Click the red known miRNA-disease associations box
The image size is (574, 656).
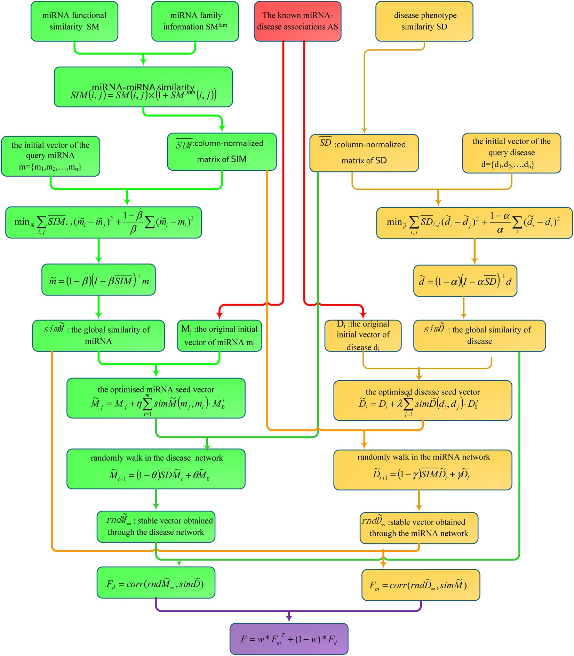(x=297, y=21)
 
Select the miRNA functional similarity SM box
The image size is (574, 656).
(x=74, y=21)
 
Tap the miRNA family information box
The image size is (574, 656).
(x=195, y=21)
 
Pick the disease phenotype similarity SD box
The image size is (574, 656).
(x=424, y=21)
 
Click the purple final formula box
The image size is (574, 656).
(x=289, y=639)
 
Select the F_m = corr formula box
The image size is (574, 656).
(x=421, y=585)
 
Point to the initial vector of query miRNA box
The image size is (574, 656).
(x=50, y=156)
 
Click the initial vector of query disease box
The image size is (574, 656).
(x=511, y=153)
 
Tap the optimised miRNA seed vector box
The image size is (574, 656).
(x=156, y=398)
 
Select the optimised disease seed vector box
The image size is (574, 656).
(x=423, y=400)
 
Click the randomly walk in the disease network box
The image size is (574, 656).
(x=156, y=469)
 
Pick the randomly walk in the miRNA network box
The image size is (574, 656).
(x=423, y=470)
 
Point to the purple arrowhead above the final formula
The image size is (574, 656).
(x=289, y=617)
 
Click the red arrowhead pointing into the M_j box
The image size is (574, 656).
(x=220, y=315)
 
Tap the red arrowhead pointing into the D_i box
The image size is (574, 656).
(x=363, y=315)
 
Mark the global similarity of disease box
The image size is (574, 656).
(x=479, y=335)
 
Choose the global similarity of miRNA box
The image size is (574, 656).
(x=98, y=335)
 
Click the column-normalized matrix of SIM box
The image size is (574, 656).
(x=222, y=152)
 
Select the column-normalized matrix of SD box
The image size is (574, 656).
(x=364, y=153)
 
